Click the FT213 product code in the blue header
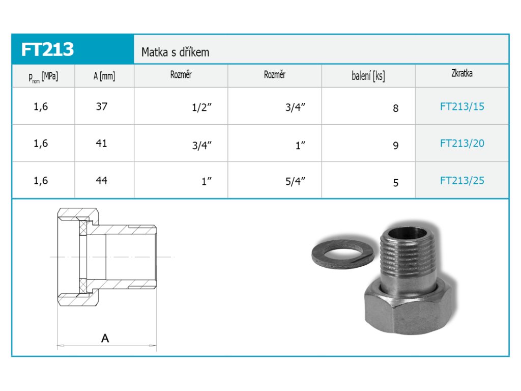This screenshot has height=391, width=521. pos(47,49)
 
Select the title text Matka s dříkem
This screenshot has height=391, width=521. pos(175,52)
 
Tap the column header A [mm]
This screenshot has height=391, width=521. pos(104,76)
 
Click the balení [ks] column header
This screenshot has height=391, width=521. pos(368,76)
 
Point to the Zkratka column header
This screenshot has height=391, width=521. pos(462,73)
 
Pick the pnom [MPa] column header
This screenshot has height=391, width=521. pos(43,77)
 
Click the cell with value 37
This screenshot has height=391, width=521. pos(102,106)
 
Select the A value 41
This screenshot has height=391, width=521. pos(101,143)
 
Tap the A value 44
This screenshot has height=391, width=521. pos(101,181)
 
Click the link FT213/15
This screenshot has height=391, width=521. pos(462,106)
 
